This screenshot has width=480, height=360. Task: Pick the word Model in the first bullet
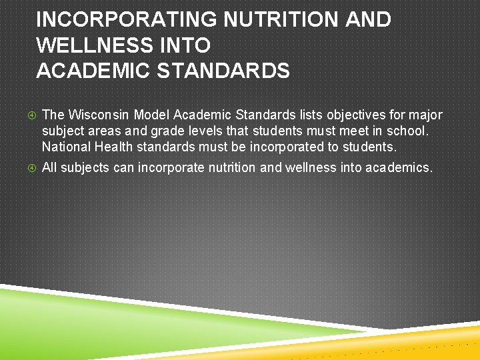pyautogui.click(x=153, y=115)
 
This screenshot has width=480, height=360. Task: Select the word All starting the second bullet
pyautogui.click(x=49, y=167)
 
